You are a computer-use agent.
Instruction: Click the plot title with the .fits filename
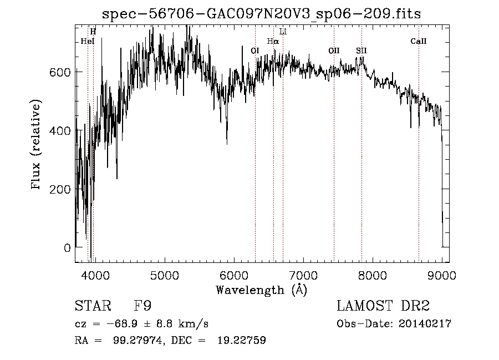(262, 14)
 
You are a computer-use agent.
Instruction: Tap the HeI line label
(88, 41)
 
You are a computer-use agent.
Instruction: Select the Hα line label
(273, 41)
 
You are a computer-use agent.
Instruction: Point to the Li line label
(283, 32)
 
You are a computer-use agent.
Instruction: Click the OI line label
(255, 50)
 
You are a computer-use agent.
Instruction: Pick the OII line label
(334, 50)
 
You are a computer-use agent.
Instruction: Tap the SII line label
(361, 50)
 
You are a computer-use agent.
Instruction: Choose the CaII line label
(419, 41)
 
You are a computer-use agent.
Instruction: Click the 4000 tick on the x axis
(95, 275)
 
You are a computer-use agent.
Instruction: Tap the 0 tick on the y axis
(68, 248)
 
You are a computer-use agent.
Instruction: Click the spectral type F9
(143, 306)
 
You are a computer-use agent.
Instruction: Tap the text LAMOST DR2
(383, 306)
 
